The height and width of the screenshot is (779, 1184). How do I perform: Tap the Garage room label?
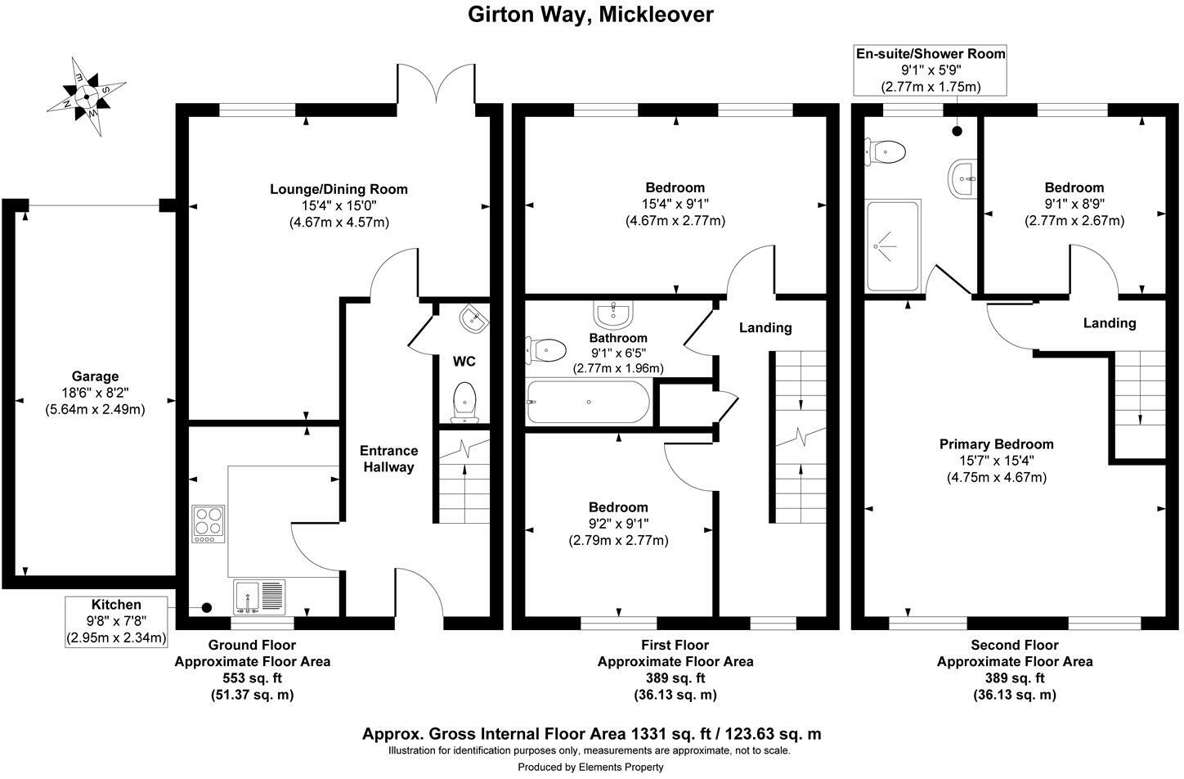coord(95,376)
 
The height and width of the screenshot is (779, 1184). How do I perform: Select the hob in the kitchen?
coord(209,524)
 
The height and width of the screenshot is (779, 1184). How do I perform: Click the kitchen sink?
coord(259,596)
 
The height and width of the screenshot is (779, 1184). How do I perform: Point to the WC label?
coord(464,362)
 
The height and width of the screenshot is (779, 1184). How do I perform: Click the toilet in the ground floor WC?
coord(464,400)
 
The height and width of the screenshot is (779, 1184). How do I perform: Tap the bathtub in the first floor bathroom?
coord(589,403)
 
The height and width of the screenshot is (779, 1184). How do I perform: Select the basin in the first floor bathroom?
coord(613,313)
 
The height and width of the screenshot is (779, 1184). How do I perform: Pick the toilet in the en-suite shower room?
coord(886,151)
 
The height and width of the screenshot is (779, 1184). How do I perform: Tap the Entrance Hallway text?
coord(388,458)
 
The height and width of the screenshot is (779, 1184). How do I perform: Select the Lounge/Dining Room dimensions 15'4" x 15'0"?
coord(339,205)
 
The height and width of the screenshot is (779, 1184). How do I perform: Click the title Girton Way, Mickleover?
coord(590,15)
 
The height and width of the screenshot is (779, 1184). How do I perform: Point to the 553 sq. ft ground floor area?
coord(252,678)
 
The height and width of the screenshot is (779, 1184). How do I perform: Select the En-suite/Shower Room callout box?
coord(930,70)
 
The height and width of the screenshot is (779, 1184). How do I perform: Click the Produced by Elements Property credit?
coord(590,767)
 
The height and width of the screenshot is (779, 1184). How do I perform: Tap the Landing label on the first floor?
coord(765,327)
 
